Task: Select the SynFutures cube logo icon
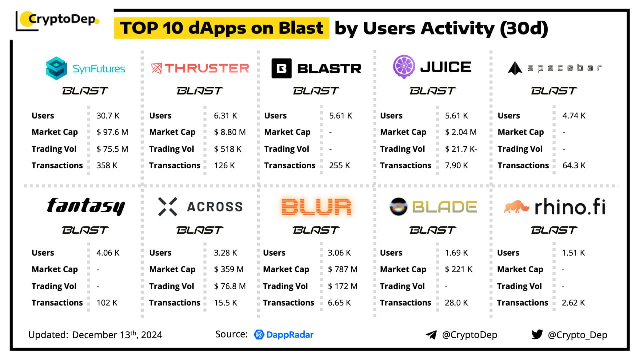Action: click(x=56, y=68)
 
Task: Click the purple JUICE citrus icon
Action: click(x=404, y=67)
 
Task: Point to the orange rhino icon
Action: click(x=516, y=207)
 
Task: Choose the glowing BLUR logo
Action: click(x=316, y=206)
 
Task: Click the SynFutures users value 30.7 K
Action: click(x=108, y=116)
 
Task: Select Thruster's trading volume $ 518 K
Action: click(x=228, y=149)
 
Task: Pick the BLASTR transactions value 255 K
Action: click(x=340, y=165)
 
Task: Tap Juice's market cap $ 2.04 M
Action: click(x=460, y=132)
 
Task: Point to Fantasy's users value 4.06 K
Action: click(x=108, y=253)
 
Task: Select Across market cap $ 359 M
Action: click(x=229, y=269)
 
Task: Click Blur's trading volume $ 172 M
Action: click(x=343, y=286)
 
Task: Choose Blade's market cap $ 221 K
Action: click(x=458, y=269)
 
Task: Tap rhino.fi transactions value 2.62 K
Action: click(x=573, y=303)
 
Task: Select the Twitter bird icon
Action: click(x=537, y=334)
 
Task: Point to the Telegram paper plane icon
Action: click(x=431, y=335)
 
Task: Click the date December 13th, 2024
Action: click(x=117, y=335)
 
